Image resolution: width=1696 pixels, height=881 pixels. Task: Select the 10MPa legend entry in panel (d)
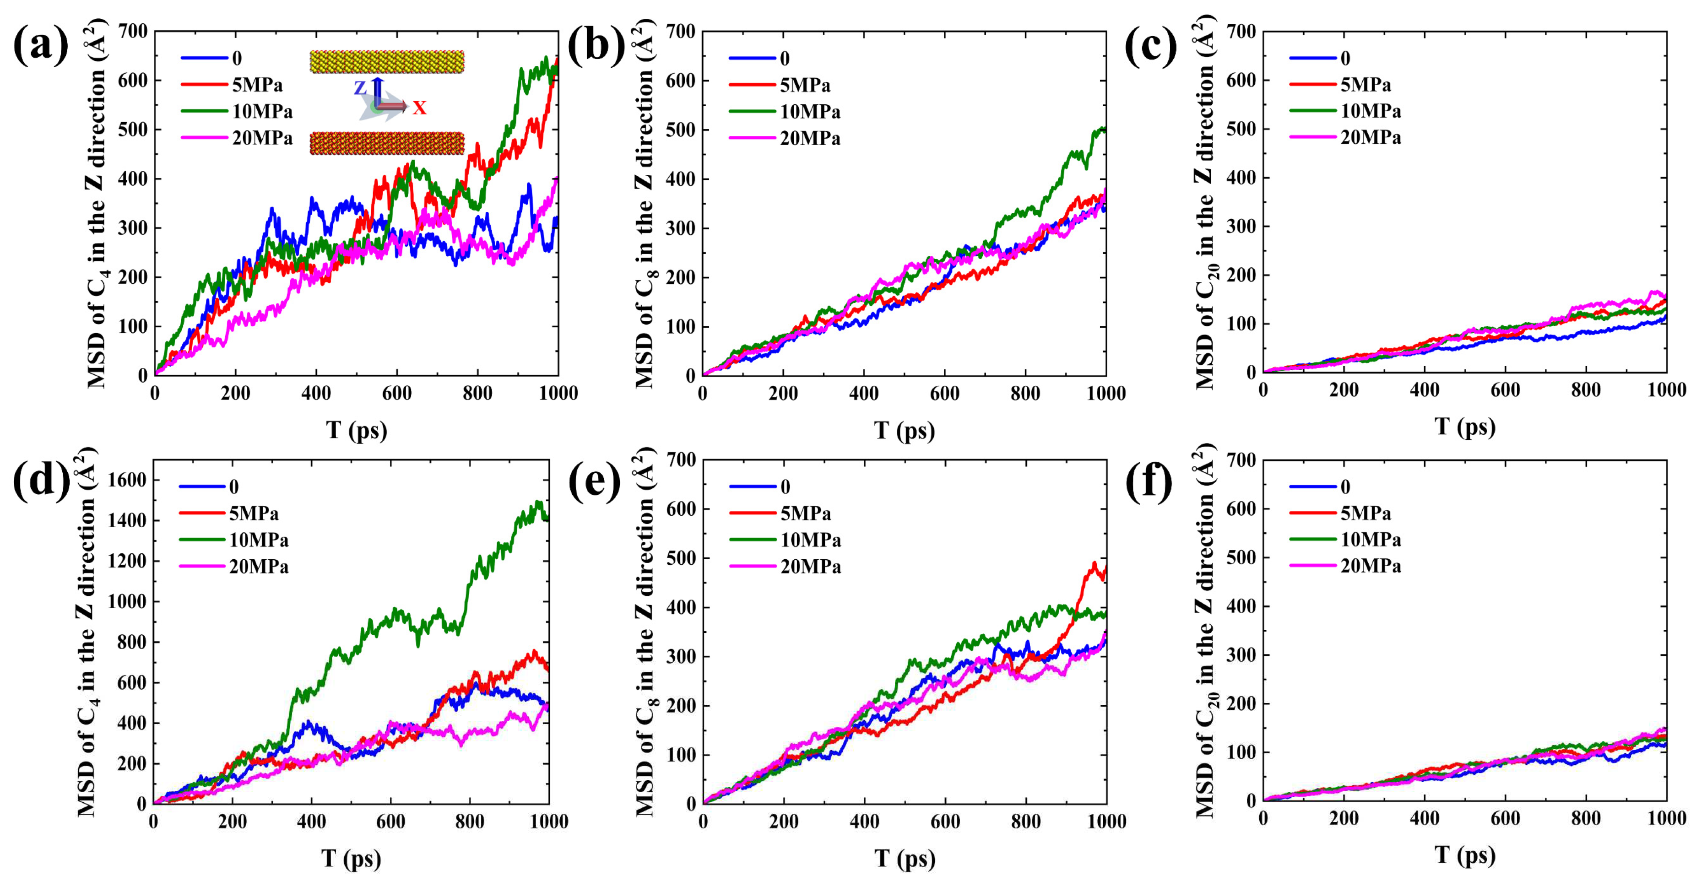coord(258,540)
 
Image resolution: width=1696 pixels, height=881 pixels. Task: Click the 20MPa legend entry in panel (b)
coord(810,138)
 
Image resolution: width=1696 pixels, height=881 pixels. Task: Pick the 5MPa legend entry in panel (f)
coord(1365,513)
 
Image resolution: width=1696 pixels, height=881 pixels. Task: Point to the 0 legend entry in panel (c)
coord(1344,58)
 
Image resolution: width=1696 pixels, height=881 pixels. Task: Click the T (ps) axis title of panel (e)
coord(905,858)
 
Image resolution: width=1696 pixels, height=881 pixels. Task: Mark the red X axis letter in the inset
coord(419,108)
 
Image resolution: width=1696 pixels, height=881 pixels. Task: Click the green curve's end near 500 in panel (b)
coord(1104,129)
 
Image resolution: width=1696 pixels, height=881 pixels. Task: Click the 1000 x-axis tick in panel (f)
coord(1666,818)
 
